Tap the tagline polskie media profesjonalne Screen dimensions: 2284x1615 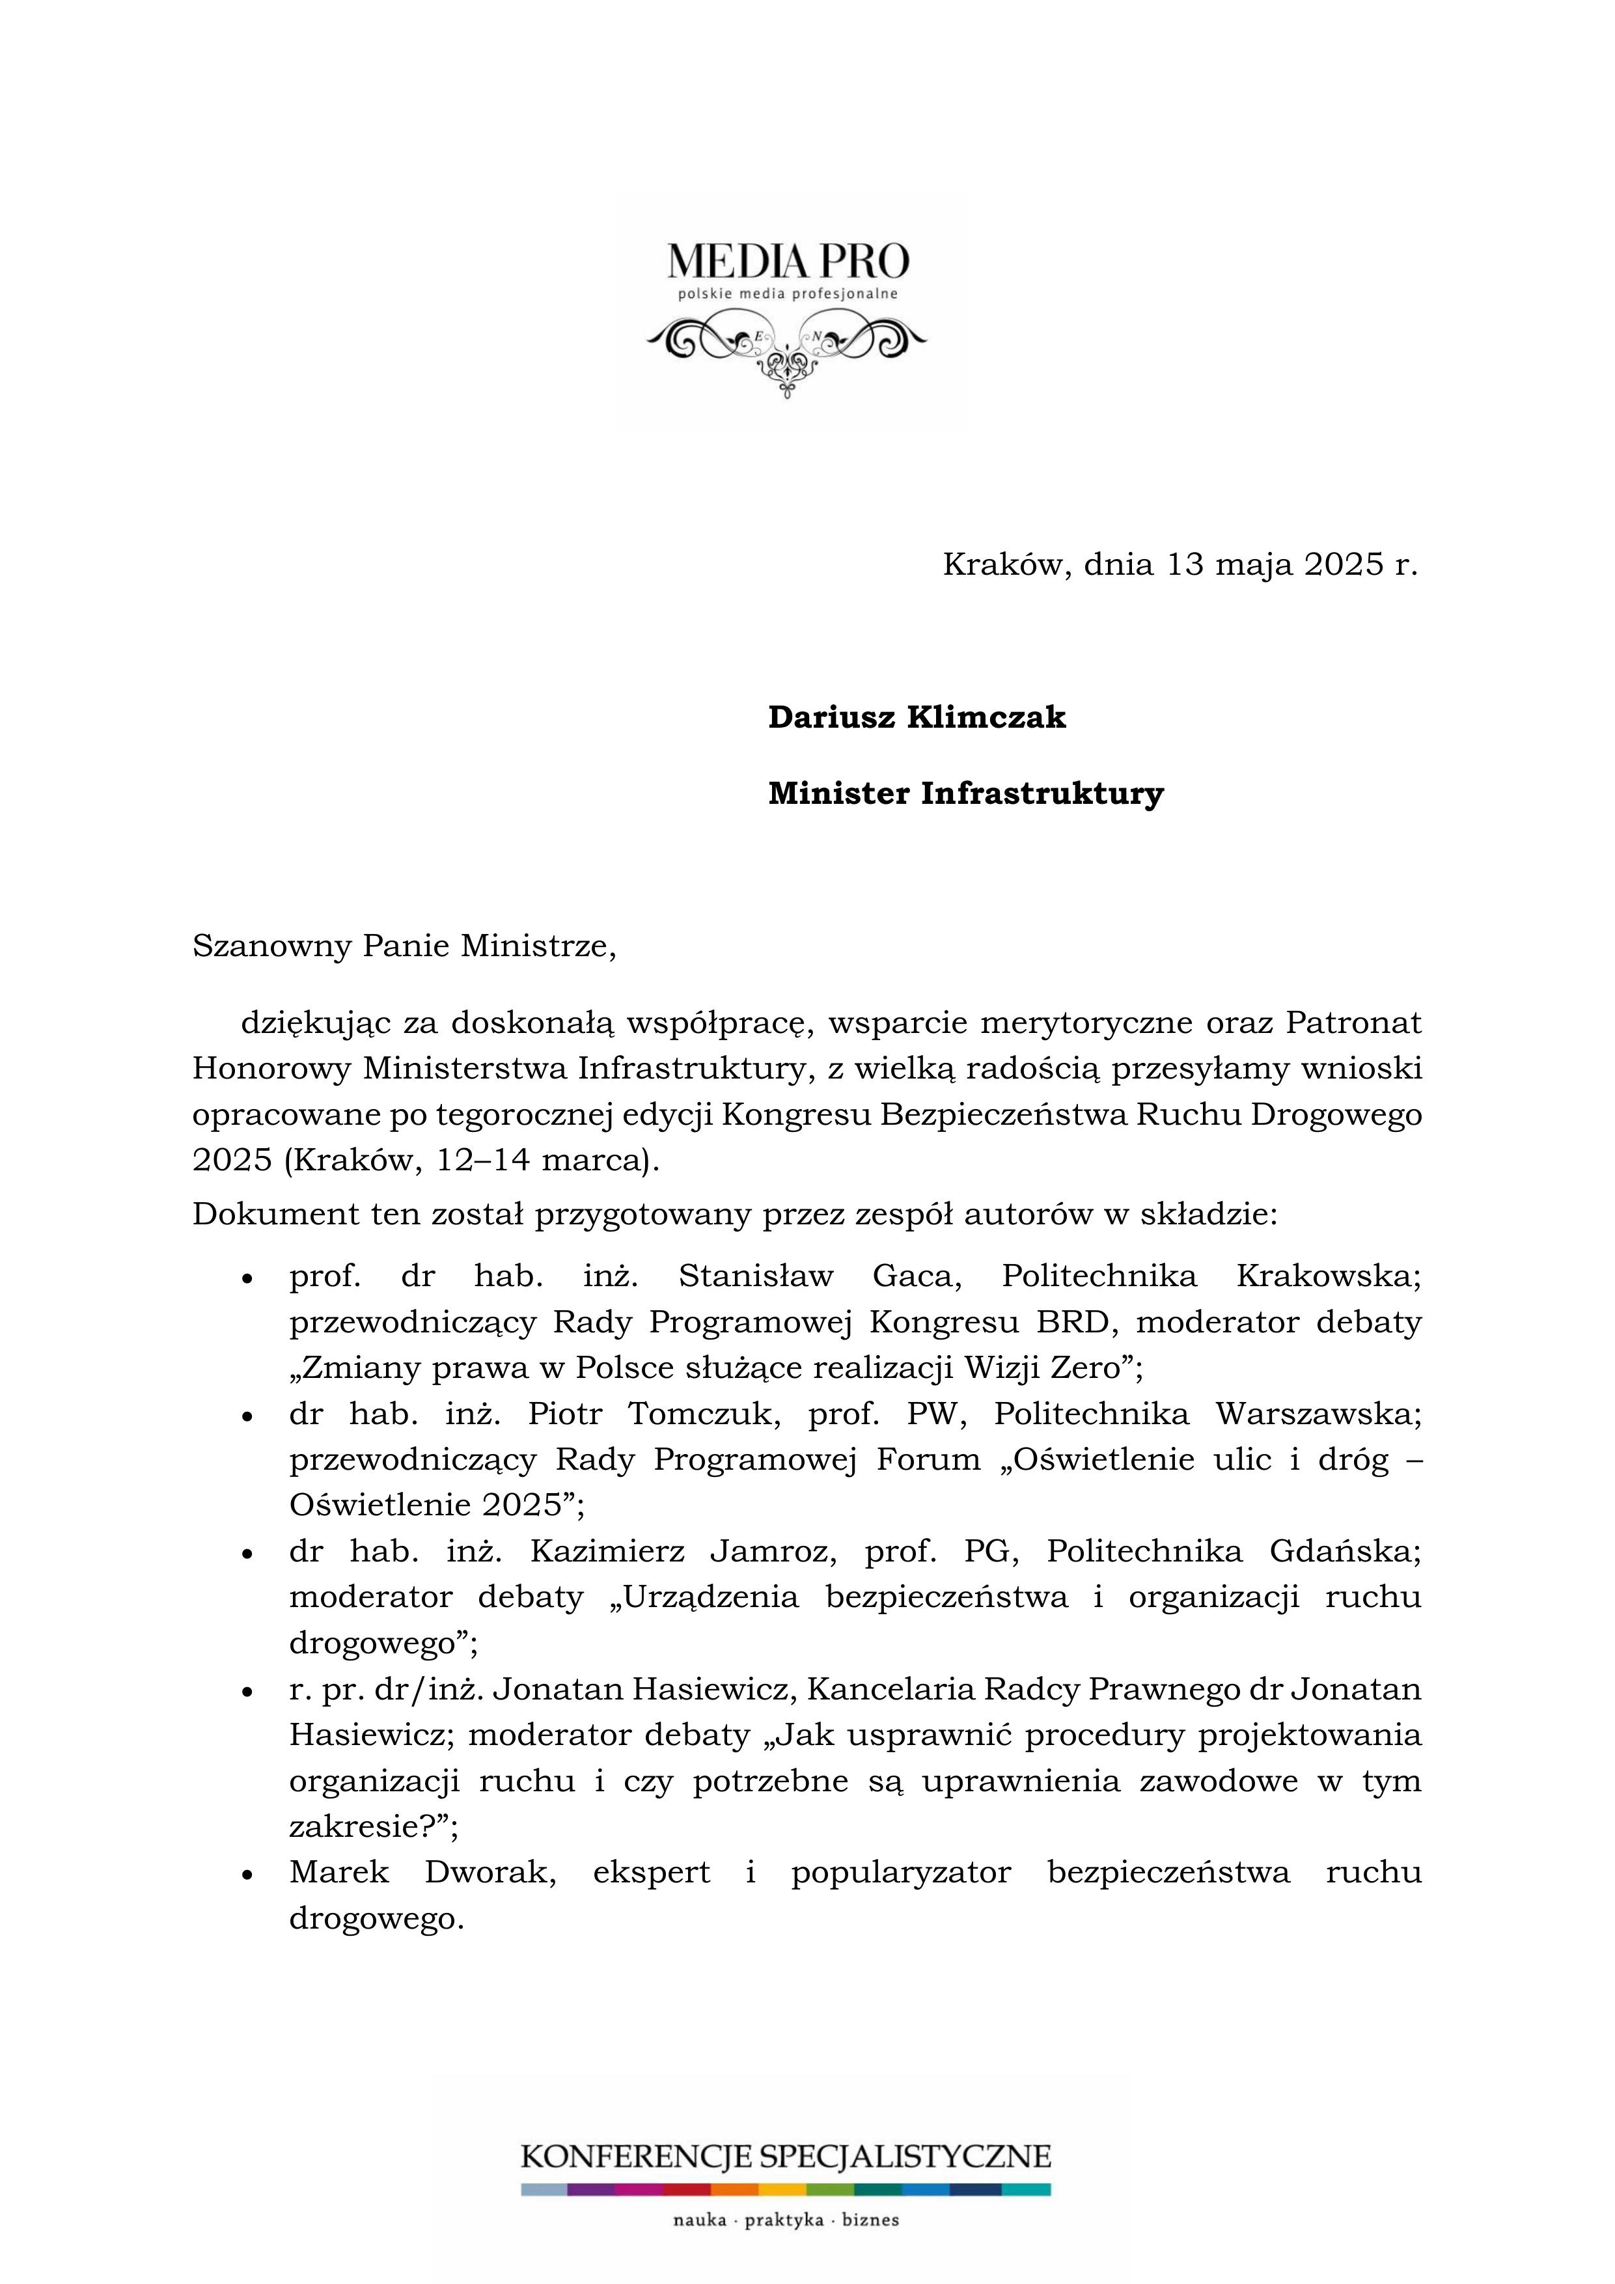coord(787,294)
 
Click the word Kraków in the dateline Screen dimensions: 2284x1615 coord(1006,565)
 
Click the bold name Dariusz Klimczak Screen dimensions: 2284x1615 coord(917,717)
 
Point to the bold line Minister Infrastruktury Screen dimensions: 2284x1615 coord(965,794)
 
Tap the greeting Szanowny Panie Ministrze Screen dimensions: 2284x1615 coord(404,945)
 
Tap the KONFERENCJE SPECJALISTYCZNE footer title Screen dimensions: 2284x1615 coord(786,2158)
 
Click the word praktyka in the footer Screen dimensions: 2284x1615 coord(786,2222)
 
